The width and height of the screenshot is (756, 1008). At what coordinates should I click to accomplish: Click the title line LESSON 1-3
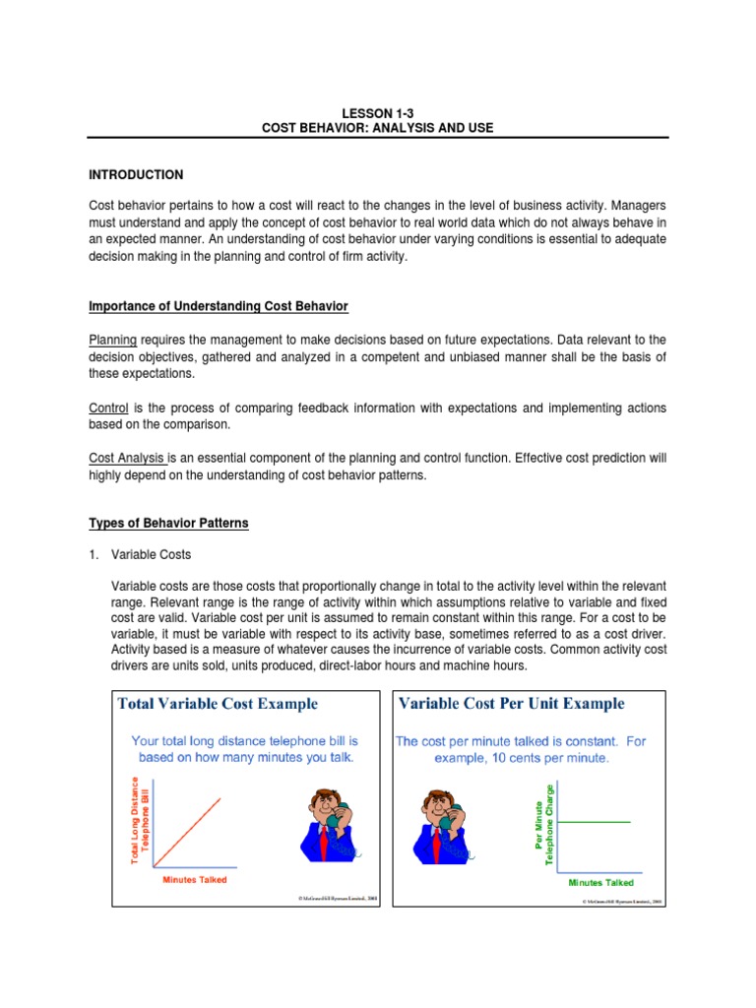coord(378,112)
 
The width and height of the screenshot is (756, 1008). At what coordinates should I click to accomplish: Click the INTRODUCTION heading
coord(137,174)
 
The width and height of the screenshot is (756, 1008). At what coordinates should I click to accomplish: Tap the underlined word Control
coord(109,408)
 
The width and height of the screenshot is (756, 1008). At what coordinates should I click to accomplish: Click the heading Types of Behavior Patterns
coord(169,523)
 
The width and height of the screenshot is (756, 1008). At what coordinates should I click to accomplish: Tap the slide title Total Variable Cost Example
coord(218,704)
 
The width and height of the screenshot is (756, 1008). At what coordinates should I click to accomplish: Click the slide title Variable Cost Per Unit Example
coord(511,704)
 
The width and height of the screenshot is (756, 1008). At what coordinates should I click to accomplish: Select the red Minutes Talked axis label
coord(194,879)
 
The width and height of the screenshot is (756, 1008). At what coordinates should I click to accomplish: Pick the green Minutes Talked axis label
coord(601,883)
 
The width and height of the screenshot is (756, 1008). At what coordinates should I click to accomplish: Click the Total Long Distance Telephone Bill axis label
coord(139,820)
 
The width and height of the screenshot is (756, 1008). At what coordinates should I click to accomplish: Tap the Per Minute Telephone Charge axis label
coord(544,824)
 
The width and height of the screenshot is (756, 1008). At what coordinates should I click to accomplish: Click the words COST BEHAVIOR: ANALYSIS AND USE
coord(378,128)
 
